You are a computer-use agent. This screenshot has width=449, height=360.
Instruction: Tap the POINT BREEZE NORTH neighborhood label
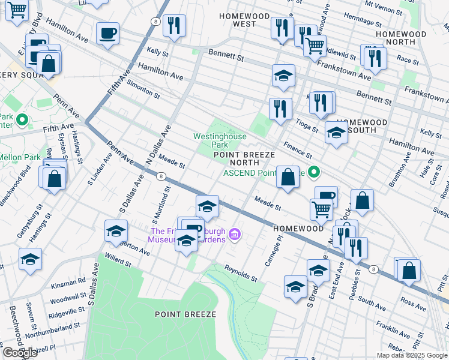[x=244, y=158]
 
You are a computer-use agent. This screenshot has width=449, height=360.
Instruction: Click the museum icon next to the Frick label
[x=235, y=234]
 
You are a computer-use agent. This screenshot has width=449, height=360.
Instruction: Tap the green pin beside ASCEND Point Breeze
[x=313, y=173]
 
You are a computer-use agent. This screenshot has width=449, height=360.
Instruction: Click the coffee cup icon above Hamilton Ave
[x=107, y=34]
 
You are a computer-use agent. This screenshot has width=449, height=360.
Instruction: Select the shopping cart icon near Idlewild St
[x=315, y=45]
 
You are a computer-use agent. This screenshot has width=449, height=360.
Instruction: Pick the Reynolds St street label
[x=241, y=274]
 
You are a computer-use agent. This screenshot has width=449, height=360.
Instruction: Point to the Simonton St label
[x=142, y=92]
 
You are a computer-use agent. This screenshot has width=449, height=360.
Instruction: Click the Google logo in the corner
[x=19, y=352]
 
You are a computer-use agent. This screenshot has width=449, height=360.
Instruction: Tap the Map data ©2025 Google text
[x=411, y=355]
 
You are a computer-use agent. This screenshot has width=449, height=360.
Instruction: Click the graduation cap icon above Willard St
[x=116, y=231]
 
